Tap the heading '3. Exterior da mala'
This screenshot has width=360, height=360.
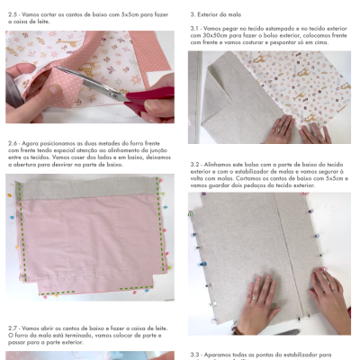216,15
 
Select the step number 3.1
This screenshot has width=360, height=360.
195,28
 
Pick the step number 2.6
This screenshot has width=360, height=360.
13,142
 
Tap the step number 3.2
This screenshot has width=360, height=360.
195,165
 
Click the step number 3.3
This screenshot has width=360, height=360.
195,355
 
